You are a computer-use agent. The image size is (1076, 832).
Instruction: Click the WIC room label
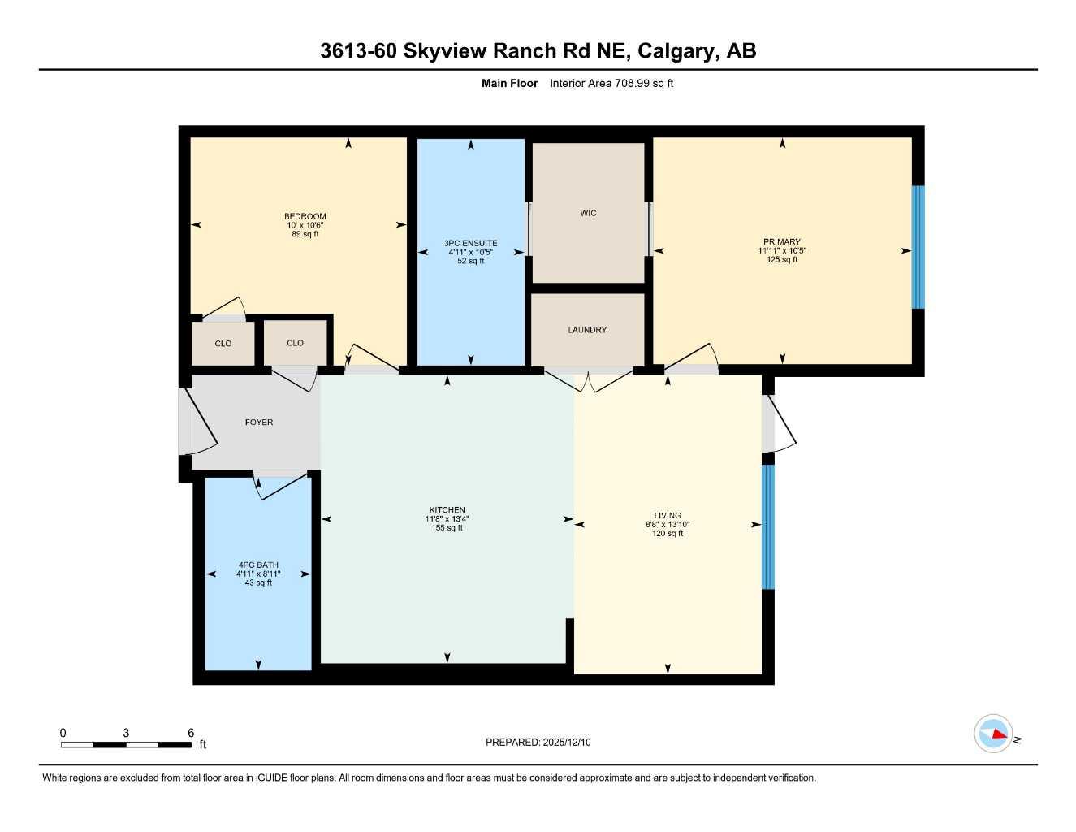588,214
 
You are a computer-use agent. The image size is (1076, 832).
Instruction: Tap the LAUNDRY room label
587,330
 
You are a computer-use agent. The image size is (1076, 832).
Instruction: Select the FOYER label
259,422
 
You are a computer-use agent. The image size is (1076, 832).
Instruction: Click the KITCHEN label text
447,510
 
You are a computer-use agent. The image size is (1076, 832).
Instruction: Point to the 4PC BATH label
258,565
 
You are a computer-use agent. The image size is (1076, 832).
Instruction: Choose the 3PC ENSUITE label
470,243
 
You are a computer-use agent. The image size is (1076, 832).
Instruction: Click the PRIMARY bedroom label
781,241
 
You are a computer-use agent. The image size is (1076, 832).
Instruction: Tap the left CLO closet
223,344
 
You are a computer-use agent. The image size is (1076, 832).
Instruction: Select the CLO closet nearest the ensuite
295,343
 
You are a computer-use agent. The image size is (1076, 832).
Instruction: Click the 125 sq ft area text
781,260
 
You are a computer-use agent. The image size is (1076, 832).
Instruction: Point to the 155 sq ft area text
447,528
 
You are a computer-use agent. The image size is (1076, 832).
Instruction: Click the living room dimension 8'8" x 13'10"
668,525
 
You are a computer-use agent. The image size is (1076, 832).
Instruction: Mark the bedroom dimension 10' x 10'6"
305,225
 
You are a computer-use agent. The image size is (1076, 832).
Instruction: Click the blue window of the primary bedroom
918,247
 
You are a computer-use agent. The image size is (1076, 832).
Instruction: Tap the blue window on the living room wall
767,526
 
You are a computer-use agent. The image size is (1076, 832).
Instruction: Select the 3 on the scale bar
126,733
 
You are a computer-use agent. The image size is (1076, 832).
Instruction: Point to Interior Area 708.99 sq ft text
611,83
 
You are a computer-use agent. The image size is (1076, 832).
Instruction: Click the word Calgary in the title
676,50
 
